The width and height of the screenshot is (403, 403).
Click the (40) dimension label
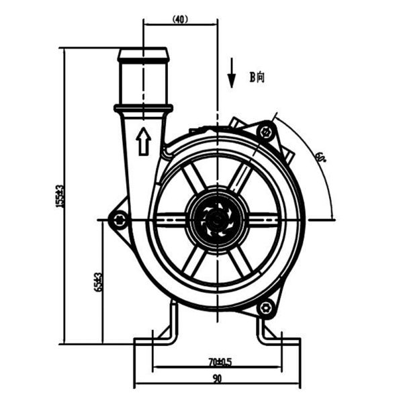(x=180, y=19)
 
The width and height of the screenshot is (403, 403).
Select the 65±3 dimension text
(x=99, y=281)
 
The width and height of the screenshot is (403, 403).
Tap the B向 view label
(x=257, y=77)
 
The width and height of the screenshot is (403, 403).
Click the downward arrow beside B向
(x=231, y=74)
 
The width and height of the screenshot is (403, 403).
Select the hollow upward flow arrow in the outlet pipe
(x=142, y=142)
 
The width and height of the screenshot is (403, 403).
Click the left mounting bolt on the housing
(x=120, y=220)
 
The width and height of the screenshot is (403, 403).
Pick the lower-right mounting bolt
(x=267, y=308)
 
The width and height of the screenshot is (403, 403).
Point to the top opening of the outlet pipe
(x=143, y=50)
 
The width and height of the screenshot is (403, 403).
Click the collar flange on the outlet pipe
(x=143, y=107)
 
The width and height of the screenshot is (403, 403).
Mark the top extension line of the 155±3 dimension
(x=87, y=48)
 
